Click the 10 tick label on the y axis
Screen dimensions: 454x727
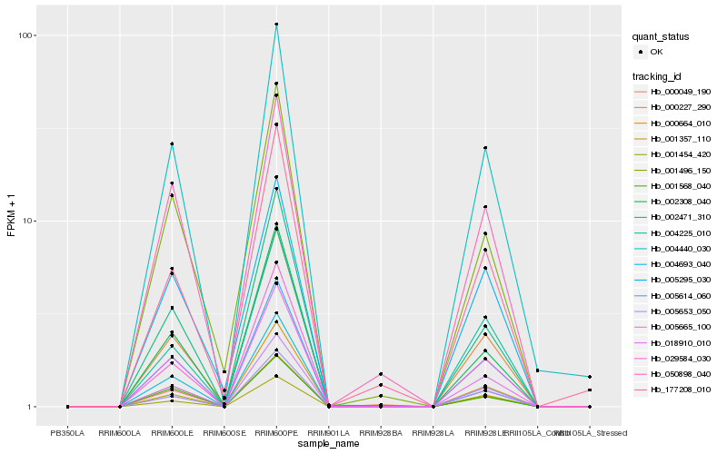pyautogui.click(x=30, y=222)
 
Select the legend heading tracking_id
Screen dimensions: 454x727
pyautogui.click(x=659, y=75)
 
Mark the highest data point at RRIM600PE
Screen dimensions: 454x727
pyautogui.click(x=276, y=25)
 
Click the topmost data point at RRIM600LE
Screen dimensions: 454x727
pyautogui.click(x=173, y=143)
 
